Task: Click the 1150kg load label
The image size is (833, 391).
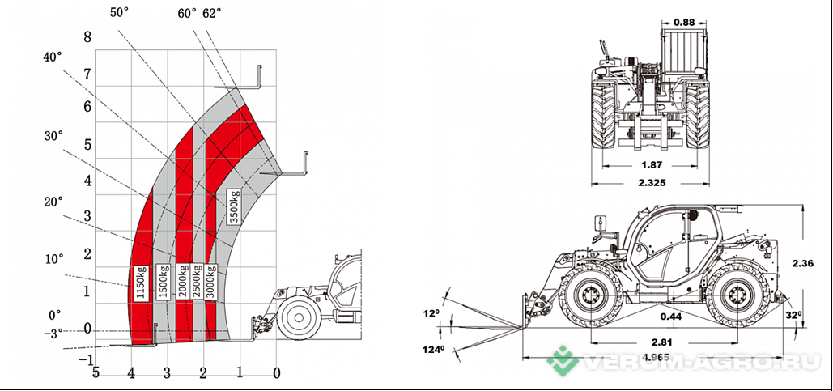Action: [141, 283]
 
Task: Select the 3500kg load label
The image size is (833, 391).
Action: [233, 207]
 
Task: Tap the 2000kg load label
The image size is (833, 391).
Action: [184, 281]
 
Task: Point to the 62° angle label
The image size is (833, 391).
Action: [212, 14]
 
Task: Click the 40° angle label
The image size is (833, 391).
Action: [53, 57]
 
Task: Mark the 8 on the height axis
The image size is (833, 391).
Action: [87, 37]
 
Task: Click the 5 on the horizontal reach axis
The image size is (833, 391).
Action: [96, 373]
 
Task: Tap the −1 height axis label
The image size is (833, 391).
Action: [86, 360]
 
